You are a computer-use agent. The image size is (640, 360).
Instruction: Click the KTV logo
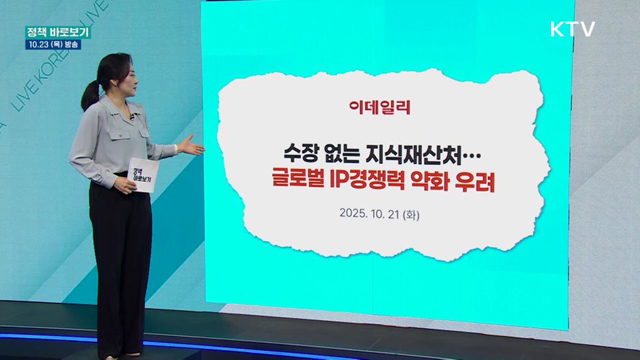pos(572,29)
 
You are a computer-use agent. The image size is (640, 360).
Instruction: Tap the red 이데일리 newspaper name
pos(379,107)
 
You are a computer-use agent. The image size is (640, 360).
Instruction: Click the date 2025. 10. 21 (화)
pos(379,213)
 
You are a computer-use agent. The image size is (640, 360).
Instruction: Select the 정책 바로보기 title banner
pos(58,32)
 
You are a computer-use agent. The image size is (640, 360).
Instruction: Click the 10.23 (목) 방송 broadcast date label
pos(53,45)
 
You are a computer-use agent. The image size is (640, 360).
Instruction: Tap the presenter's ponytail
pos(90,95)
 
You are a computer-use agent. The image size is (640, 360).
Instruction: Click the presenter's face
pos(126,77)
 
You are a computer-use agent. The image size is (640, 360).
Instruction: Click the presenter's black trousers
pos(121,260)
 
